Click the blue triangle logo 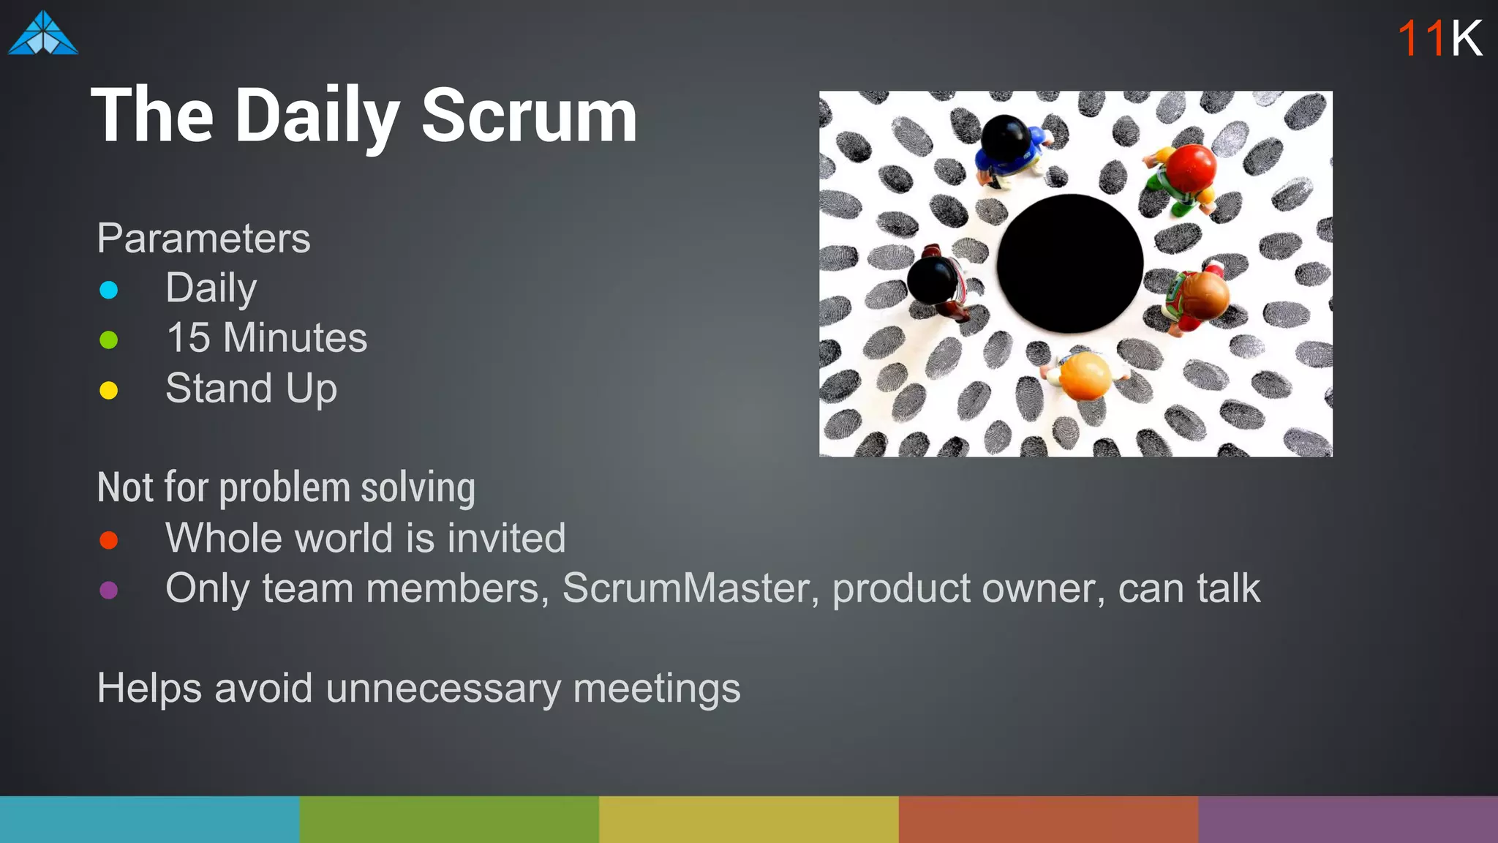click(43, 34)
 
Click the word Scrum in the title click(529, 116)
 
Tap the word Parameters click(203, 239)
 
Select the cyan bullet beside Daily click(109, 290)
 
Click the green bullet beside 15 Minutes click(109, 340)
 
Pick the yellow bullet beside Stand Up click(109, 390)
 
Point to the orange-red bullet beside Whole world click(109, 540)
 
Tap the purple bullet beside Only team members click(109, 590)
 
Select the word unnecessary click(443, 689)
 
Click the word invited click(506, 538)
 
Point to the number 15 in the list click(188, 338)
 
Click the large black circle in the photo click(1070, 263)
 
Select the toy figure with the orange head click(1084, 375)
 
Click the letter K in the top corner click(1467, 38)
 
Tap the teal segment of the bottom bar click(149, 819)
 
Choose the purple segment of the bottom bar click(1347, 819)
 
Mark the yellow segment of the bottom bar click(748, 819)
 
